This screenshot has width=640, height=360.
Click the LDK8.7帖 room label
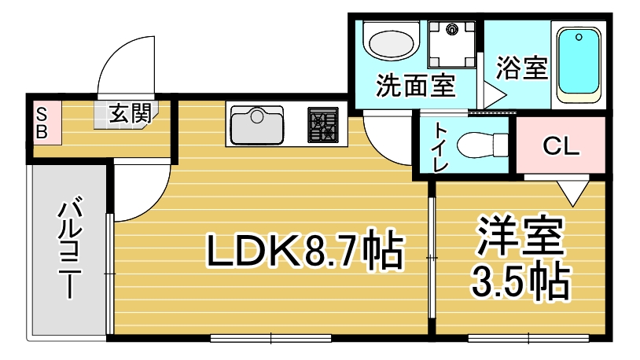305,249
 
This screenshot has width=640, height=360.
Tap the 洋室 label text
521,237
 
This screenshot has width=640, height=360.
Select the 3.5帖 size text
520,282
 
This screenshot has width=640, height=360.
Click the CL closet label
561,145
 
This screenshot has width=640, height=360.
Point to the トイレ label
440,147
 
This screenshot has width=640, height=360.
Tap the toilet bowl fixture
482,145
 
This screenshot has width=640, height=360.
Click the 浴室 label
521,68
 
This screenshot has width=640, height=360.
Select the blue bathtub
579,65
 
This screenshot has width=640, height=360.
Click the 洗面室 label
415,86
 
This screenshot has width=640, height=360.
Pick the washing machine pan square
452,45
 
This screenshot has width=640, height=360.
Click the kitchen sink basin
257,124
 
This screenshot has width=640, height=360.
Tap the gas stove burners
323,124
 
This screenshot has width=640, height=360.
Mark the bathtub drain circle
579,38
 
